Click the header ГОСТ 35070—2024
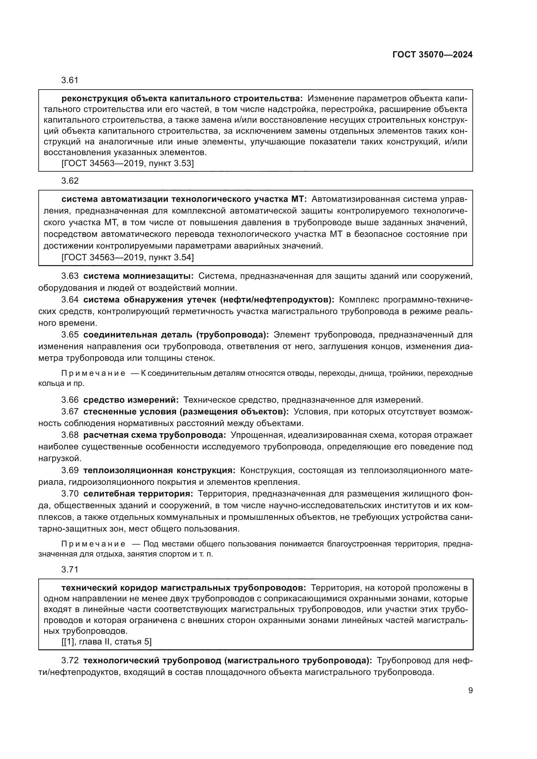pos(432,55)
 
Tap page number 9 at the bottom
pos(470,691)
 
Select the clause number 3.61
pos(70,80)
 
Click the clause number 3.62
pos(70,180)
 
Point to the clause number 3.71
pos(70,569)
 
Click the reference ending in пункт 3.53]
pos(127,163)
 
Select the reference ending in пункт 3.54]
pos(127,257)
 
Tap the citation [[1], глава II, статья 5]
pos(106,642)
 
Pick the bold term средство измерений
pos(131,400)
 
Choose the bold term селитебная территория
pos(138,494)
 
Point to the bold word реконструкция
pos(95,99)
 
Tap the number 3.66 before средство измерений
pos(70,400)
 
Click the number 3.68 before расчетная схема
pos(70,435)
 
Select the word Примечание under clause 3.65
pos(93,373)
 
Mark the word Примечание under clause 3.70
pos(93,544)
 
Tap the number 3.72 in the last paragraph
pos(70,660)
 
